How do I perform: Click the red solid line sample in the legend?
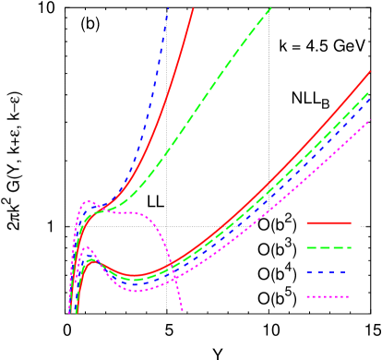click(328, 222)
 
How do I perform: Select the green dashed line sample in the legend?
click(328, 247)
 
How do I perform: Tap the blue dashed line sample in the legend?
click(328, 272)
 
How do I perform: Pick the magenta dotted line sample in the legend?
click(328, 296)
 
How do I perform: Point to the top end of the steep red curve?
click(194, 8)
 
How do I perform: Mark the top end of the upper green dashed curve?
click(271, 8)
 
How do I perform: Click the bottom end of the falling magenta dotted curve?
click(183, 311)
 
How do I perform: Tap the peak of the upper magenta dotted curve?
click(89, 201)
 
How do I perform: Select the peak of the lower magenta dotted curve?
click(88, 247)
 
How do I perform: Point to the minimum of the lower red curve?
click(134, 275)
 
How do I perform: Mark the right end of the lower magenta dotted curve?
click(370, 119)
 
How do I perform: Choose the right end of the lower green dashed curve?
click(370, 92)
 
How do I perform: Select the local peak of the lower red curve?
click(91, 260)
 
